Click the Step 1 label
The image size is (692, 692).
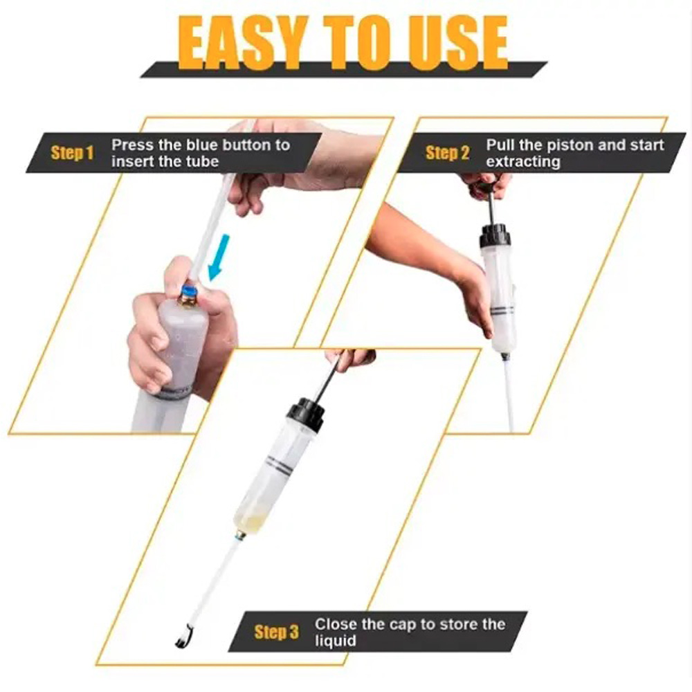click(x=73, y=153)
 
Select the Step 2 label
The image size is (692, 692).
click(x=447, y=153)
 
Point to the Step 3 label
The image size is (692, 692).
click(x=276, y=632)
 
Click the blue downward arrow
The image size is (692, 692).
click(x=219, y=257)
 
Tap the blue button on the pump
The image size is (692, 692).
click(x=190, y=292)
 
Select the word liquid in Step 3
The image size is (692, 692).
click(x=335, y=641)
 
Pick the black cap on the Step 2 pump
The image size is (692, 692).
click(x=495, y=235)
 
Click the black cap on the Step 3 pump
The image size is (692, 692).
click(x=306, y=414)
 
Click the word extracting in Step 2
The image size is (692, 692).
click(x=523, y=162)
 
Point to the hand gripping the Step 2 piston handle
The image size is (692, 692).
click(x=486, y=185)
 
